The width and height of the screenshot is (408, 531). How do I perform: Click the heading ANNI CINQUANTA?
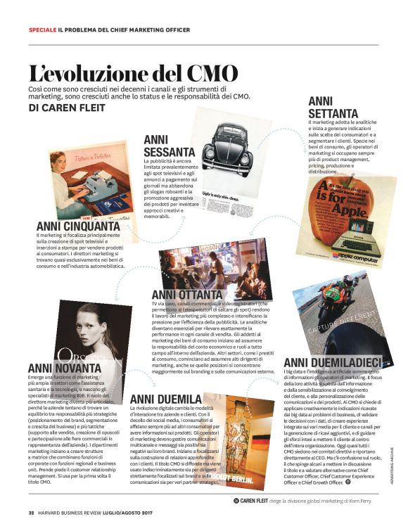pos(77,226)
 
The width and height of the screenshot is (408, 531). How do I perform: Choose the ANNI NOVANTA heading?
pos(60,367)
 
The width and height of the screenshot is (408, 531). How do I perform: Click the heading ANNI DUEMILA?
pos(163,399)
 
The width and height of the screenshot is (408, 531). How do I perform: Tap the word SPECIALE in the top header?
pos(42,30)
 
